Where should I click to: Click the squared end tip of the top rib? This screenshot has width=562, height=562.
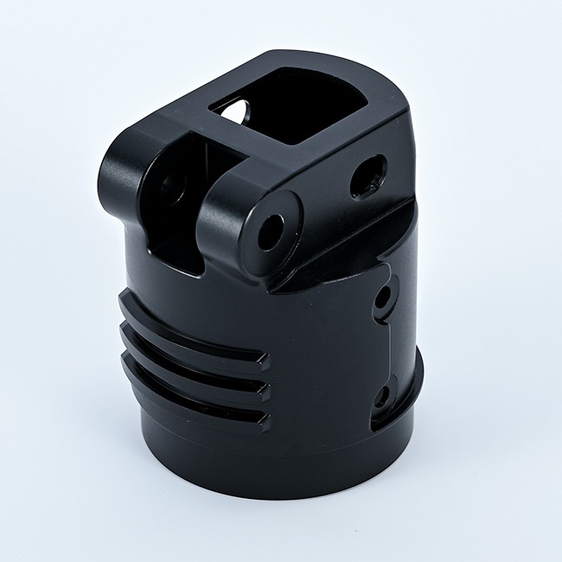pos(260,361)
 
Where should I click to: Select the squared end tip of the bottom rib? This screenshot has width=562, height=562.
pos(260,422)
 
